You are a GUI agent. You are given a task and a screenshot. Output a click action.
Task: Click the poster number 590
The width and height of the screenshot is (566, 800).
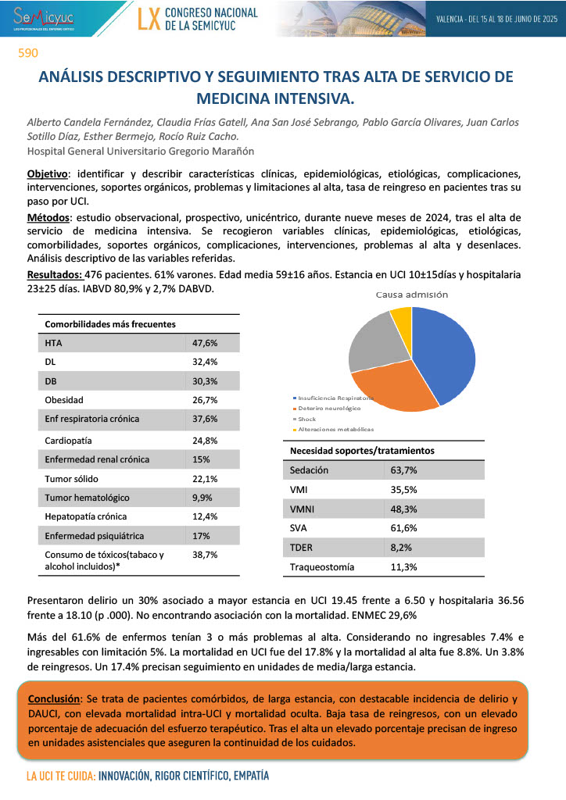tap(28, 54)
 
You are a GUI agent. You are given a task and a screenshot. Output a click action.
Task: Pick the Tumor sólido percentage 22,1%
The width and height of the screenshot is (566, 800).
tap(205, 478)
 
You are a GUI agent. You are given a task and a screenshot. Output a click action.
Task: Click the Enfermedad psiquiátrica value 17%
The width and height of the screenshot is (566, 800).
tap(200, 536)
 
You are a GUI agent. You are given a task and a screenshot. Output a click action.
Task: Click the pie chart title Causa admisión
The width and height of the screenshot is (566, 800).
tap(412, 295)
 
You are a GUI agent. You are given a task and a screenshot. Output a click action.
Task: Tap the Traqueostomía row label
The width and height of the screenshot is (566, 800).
tap(322, 566)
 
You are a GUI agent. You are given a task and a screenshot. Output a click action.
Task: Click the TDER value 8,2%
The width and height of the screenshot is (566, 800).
tap(401, 548)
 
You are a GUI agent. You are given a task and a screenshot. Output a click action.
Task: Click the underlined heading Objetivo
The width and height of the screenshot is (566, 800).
tap(47, 173)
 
